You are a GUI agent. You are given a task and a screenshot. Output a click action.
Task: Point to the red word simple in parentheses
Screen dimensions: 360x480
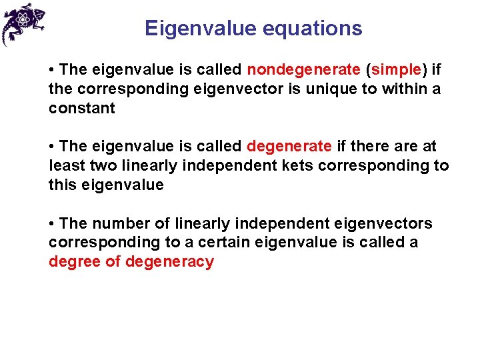coord(396,69)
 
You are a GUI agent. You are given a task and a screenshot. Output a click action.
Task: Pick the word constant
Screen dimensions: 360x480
coord(81,108)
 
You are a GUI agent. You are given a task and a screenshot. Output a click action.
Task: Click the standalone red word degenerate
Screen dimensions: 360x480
coord(289,146)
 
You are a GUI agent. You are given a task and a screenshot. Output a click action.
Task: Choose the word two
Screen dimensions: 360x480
coord(101,165)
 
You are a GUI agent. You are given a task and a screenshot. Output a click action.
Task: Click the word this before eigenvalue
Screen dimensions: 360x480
coord(63,185)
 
